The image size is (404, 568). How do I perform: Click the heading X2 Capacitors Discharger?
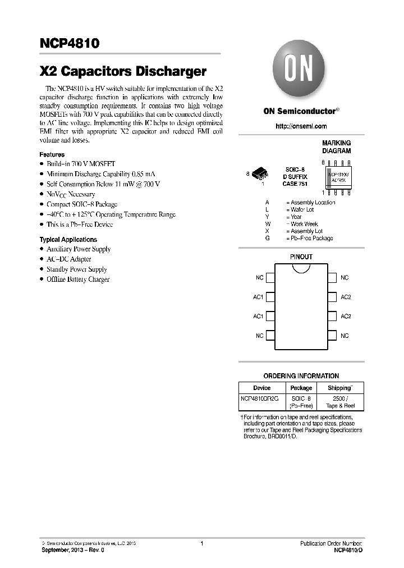[123, 72]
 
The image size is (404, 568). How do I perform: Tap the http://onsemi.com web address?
[301, 126]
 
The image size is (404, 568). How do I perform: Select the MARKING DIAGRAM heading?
[336, 147]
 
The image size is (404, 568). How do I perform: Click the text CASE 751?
[295, 184]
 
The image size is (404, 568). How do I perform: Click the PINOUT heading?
[301, 256]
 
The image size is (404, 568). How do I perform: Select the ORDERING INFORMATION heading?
[301, 376]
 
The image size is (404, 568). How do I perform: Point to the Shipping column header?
[340, 388]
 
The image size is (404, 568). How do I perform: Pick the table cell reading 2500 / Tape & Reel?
[340, 402]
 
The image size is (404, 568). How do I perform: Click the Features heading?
[52, 154]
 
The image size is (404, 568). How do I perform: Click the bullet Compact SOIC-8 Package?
[81, 204]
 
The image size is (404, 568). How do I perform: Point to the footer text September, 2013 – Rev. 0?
[73, 551]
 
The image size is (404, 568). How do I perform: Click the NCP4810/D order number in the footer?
[348, 551]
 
